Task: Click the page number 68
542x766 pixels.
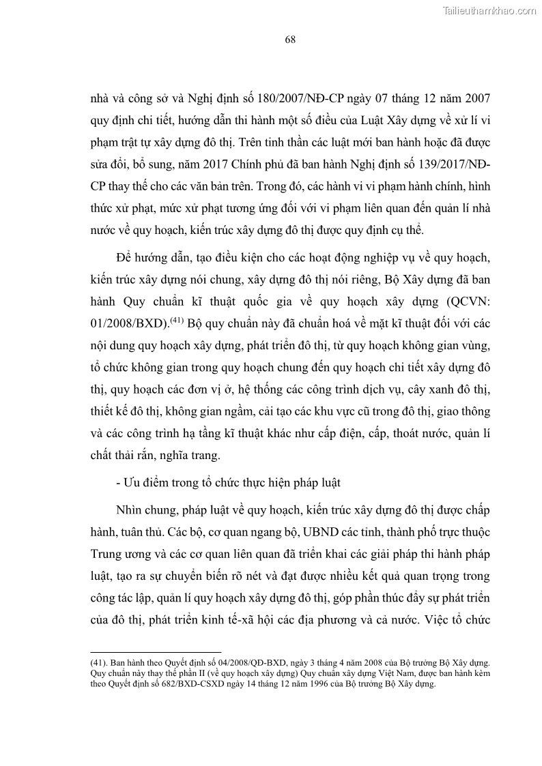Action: click(x=289, y=40)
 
